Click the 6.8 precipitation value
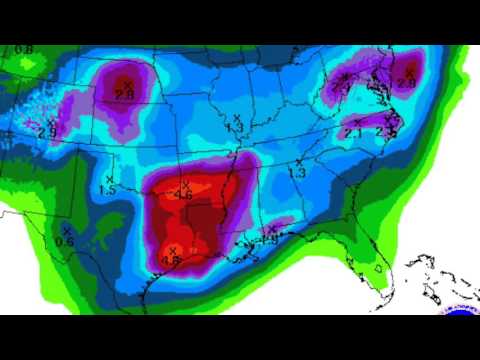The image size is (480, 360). coord(23,49)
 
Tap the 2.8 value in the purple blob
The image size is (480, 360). coord(125,94)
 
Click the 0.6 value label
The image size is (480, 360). coord(66,240)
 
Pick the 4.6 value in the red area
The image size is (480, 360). coord(183,196)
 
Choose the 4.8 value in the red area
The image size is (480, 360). coord(171,261)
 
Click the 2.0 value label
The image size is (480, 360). coord(406,83)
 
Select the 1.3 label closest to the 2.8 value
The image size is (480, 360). coord(235,128)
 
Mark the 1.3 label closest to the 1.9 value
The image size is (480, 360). coord(297,173)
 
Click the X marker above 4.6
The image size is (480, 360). coord(183,184)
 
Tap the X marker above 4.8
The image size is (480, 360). coord(173,250)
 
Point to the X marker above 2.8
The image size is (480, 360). coord(127,83)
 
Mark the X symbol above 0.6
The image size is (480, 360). coord(66,229)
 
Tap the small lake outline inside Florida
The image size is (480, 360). coord(379,269)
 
